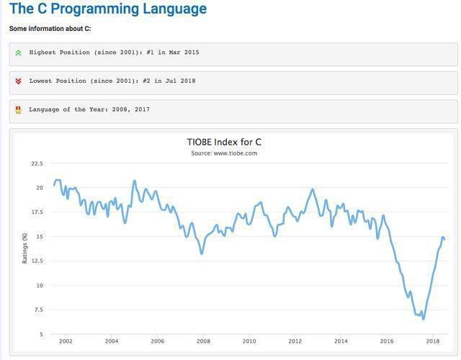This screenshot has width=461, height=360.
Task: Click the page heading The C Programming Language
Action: tap(108, 9)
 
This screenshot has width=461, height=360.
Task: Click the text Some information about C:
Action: tap(50, 29)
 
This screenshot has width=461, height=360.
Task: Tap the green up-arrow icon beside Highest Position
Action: tap(18, 53)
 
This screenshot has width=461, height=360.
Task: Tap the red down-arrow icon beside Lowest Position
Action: tap(18, 81)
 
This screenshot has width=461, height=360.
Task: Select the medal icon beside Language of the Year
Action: tap(18, 110)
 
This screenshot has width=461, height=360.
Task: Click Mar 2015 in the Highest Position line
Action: tap(182, 53)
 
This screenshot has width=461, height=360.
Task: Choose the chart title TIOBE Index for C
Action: tap(224, 142)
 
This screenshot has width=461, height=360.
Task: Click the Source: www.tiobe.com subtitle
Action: tap(224, 153)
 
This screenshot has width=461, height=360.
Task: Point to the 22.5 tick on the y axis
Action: tap(37, 163)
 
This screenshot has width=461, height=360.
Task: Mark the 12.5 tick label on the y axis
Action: tap(37, 261)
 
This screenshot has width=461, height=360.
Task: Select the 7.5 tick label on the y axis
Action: tap(38, 310)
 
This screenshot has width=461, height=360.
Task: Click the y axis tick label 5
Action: tap(40, 335)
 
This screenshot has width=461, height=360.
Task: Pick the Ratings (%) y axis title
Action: tap(24, 248)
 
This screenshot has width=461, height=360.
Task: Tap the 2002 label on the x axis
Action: tap(66, 341)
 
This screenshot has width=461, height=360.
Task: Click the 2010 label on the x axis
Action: tap(249, 341)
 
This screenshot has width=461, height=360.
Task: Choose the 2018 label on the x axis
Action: tap(432, 341)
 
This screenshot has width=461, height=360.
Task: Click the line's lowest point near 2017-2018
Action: tap(423, 319)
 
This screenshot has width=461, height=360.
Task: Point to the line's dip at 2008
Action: tap(202, 253)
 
